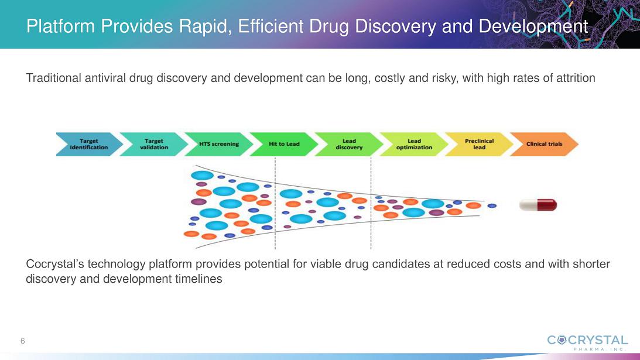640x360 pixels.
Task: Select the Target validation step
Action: (x=154, y=144)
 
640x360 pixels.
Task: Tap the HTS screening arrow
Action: (x=219, y=144)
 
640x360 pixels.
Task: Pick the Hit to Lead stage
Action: (x=284, y=144)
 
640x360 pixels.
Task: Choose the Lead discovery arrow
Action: (x=349, y=144)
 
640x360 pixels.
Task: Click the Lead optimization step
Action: (x=414, y=144)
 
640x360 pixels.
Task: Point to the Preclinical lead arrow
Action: (x=479, y=144)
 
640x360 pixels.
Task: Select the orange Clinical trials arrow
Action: (x=544, y=144)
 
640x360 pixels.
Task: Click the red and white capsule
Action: (x=538, y=205)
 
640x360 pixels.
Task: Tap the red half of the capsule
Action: (x=547, y=205)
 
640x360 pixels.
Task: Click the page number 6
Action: (x=23, y=341)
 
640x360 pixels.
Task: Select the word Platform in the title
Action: (x=60, y=26)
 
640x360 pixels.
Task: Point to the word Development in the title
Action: (x=533, y=26)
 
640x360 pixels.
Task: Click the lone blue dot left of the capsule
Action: (x=492, y=205)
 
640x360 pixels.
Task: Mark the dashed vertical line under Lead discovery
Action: (x=371, y=203)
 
